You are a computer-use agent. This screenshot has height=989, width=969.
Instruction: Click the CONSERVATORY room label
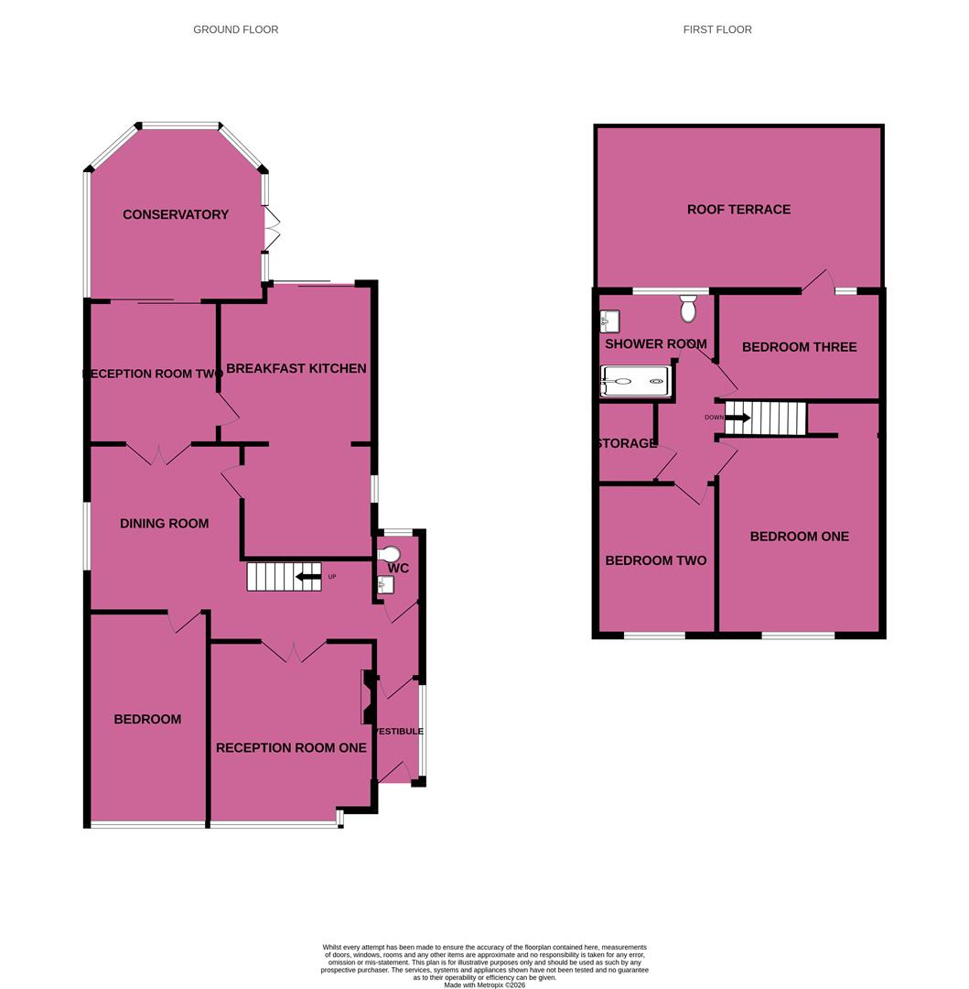point(176,215)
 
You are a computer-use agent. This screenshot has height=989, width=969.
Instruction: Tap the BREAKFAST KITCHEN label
point(296,369)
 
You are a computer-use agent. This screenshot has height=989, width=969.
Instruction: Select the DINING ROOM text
point(165,524)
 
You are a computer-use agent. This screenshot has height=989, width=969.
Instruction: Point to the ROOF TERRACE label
point(738,210)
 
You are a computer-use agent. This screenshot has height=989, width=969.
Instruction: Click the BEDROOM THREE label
point(799,347)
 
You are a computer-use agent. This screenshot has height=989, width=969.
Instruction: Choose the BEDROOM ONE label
point(799,537)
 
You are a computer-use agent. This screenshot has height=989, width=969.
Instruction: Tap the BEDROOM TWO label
point(655,560)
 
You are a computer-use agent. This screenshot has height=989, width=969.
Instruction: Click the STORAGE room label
point(627,444)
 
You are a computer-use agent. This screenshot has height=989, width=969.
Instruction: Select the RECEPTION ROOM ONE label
point(291,748)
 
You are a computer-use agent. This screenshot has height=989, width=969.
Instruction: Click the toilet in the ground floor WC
point(389,553)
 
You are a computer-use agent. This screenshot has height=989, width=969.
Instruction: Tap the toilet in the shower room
point(689,309)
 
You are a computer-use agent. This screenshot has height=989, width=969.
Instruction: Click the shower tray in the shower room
point(636,382)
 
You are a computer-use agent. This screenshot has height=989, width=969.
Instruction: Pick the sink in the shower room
point(610,321)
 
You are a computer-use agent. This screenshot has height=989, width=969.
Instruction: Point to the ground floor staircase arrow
point(307,577)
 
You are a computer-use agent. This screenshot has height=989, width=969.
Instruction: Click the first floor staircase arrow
point(738,418)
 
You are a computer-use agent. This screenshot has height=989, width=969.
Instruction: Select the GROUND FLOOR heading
point(235,30)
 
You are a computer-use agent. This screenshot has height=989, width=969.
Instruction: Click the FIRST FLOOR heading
point(717,30)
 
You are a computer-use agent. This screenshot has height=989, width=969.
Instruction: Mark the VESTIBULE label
point(399,732)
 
